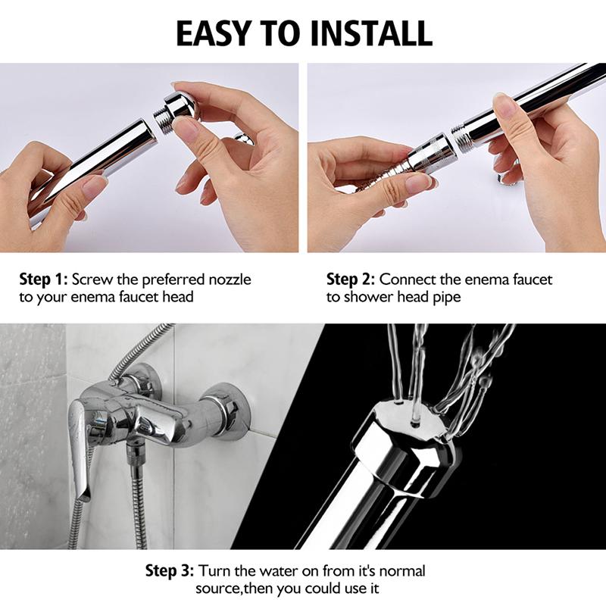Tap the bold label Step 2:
[x=351, y=280]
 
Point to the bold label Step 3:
[x=171, y=570]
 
